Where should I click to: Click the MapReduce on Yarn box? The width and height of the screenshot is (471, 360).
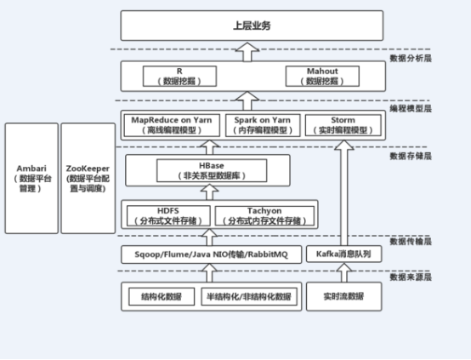(x=165, y=125)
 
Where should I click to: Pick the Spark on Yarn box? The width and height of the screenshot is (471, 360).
(x=258, y=125)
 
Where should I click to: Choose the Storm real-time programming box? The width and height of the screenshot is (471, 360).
(x=343, y=125)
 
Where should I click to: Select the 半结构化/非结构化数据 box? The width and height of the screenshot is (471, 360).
(x=248, y=297)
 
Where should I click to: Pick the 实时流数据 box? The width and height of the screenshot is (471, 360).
(x=343, y=297)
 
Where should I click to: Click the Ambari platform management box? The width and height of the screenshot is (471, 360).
(x=30, y=177)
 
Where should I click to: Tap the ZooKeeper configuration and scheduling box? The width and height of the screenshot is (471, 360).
(x=87, y=177)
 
